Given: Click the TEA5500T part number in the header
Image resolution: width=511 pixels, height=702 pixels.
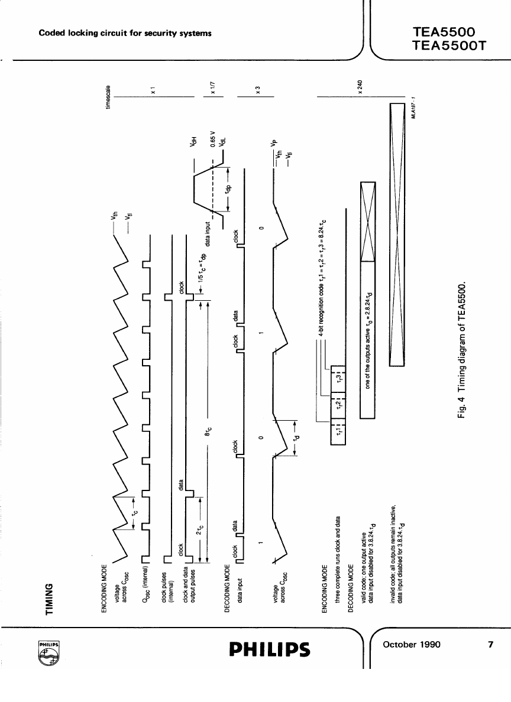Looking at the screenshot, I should (x=451, y=45).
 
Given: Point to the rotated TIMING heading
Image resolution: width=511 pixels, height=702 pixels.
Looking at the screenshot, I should (x=50, y=599).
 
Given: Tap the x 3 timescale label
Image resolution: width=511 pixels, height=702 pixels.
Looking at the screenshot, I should (x=258, y=90).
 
